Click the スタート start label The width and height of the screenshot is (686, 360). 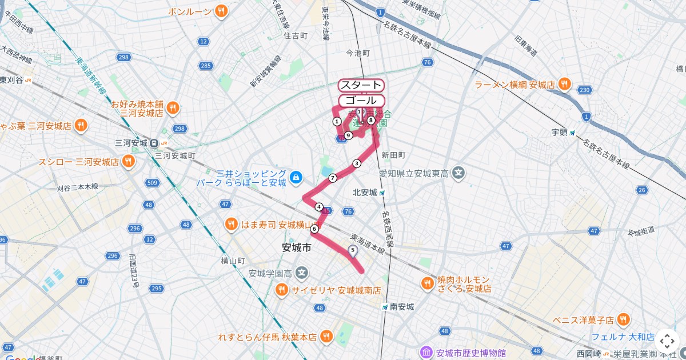tap(361, 85)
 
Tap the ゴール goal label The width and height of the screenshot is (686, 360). tap(361, 101)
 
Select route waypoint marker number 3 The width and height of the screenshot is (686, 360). tap(357, 163)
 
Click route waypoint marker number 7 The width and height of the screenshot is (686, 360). tap(332, 178)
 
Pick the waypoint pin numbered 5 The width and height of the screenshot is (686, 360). tap(352, 250)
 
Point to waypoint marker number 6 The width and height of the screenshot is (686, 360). tap(314, 229)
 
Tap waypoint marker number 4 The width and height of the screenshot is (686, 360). tap(319, 207)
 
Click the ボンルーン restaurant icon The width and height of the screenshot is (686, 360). tap(221, 11)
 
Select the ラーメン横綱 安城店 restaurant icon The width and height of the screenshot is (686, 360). tap(564, 85)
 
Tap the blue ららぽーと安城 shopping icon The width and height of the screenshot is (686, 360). tap(296, 178)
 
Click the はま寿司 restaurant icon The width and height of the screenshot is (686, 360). tap(231, 224)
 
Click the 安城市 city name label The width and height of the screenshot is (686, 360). tap(297, 248)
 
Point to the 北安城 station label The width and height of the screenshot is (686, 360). tap(365, 193)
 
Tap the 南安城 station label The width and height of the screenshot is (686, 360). tap(402, 307)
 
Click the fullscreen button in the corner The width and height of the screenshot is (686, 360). tap(667, 341)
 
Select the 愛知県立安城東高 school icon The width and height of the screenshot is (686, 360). tap(458, 172)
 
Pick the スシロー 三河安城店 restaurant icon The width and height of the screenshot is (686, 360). tap(129, 162)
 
